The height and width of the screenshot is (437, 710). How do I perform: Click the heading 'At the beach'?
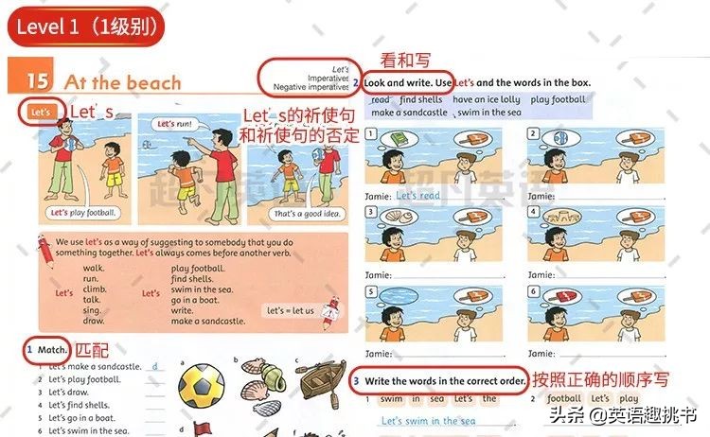pos(122,82)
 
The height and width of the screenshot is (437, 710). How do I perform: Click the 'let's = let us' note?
pos(288,310)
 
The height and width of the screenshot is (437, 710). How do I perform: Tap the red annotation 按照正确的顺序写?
pos(600,380)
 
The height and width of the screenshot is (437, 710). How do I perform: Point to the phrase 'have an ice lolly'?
pos(486,99)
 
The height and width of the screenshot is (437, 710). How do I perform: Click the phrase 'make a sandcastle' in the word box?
pos(409,112)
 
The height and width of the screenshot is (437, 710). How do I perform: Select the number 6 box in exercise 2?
pos(534,293)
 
